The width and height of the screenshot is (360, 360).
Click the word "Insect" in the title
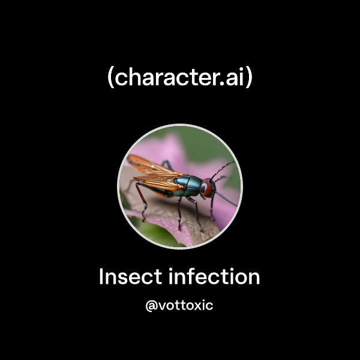point(130,277)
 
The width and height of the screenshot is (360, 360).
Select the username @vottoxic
point(179,305)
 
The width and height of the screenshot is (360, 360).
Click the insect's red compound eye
point(206,187)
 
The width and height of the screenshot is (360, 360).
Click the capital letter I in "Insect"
point(101,277)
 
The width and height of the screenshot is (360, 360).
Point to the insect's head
point(206,187)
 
